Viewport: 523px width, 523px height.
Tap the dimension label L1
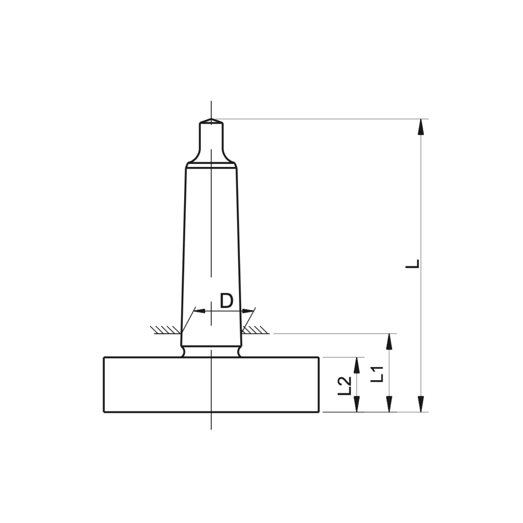[x=378, y=374]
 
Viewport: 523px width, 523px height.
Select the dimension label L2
[x=345, y=386]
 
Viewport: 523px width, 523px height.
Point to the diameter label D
[x=226, y=301]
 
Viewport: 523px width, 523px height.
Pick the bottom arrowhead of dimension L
[x=421, y=404]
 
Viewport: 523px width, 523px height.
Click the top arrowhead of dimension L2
[x=357, y=365]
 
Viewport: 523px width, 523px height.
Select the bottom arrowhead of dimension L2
[x=357, y=404]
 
